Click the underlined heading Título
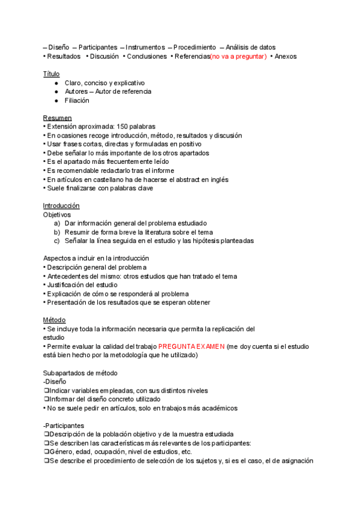[51, 74]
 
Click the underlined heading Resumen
[57, 118]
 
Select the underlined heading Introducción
[61, 206]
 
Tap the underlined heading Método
[54, 320]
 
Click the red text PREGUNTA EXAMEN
[191, 346]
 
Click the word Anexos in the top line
[286, 56]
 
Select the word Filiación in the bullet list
[77, 100]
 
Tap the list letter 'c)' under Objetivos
[57, 241]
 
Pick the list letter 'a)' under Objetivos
[57, 223]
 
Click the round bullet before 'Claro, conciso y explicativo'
[56, 83]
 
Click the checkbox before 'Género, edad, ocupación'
[46, 452]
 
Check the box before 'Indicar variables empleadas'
[46, 391]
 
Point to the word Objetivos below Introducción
[57, 214]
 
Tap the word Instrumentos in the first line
[145, 47]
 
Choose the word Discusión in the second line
[104, 56]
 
